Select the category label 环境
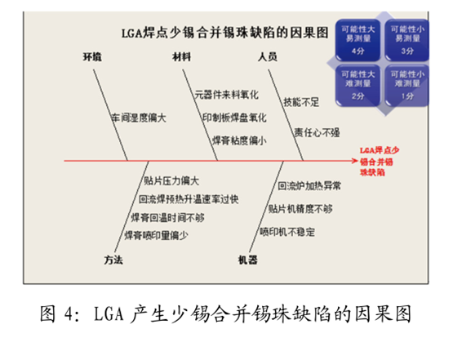point(91,56)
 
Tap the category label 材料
point(181,56)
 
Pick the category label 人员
point(268,56)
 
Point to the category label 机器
point(247,260)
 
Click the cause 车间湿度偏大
point(138,118)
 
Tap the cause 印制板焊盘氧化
point(233,118)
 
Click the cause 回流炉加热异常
point(309,186)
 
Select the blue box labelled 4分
point(357,38)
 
